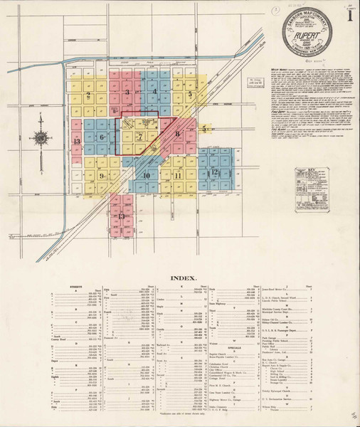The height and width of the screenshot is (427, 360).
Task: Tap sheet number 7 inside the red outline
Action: [140, 136]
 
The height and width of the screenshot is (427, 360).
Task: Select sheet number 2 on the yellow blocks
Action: [88, 94]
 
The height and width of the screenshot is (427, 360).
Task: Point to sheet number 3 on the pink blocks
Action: [127, 93]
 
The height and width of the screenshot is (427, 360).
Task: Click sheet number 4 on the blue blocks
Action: [154, 92]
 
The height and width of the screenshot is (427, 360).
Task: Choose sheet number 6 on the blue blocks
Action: [102, 137]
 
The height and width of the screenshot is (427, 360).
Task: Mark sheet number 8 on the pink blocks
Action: [176, 133]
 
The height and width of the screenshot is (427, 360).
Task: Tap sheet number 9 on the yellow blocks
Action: [102, 176]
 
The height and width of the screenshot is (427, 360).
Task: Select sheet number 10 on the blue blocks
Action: [146, 175]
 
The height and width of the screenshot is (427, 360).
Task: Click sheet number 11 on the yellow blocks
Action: [178, 174]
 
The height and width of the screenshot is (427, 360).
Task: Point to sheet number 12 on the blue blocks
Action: [211, 172]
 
